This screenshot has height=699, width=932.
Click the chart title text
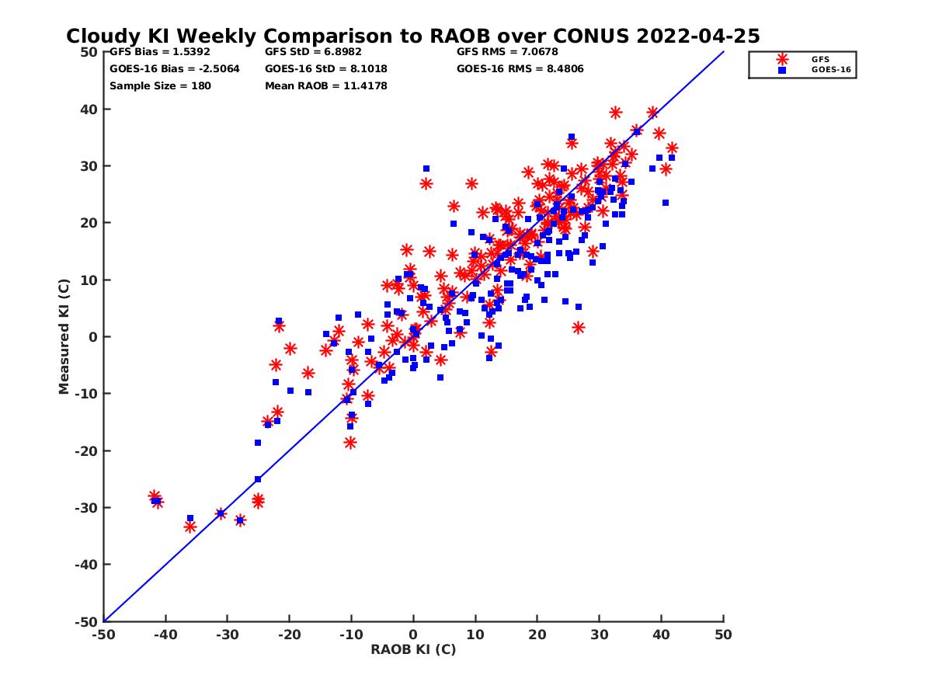point(412,37)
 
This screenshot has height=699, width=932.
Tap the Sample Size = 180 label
point(159,85)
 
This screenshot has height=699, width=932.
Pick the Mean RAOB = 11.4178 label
point(325,85)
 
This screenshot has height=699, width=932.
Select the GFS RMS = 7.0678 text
point(507,52)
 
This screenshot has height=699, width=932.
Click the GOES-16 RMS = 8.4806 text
point(520,68)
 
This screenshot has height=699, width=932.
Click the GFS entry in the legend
point(819,59)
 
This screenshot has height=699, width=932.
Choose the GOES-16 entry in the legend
point(825,70)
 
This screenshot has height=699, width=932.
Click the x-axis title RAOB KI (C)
point(413,649)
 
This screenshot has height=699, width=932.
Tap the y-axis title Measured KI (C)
point(64,337)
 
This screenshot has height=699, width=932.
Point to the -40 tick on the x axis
point(165,635)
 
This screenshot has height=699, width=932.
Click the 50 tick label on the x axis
point(723,635)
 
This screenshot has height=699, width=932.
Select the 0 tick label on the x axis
point(413,635)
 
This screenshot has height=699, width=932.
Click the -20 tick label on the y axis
point(85,451)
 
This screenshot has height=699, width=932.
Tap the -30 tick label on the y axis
point(85,508)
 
